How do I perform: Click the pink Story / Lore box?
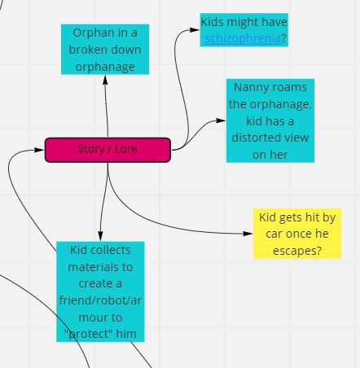pos(108,150)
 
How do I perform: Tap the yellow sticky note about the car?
pos(297,234)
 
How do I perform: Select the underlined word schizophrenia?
pos(243,38)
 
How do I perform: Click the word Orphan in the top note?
pos(90,33)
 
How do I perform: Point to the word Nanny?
pos(249,88)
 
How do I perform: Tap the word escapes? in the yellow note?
pos(297,251)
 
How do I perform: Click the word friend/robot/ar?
pos(100,300)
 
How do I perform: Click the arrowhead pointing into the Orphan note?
pos(105,79)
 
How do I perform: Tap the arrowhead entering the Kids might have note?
pos(195,29)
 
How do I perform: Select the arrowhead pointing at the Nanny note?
pos(221,120)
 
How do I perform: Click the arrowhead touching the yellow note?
pos(248,234)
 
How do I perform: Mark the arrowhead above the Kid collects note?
pos(100,236)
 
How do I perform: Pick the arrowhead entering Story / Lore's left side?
pos(40,150)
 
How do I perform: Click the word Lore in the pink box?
pos(125,149)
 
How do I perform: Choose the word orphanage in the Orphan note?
pos(105,67)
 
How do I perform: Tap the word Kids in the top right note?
pos(213,22)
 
